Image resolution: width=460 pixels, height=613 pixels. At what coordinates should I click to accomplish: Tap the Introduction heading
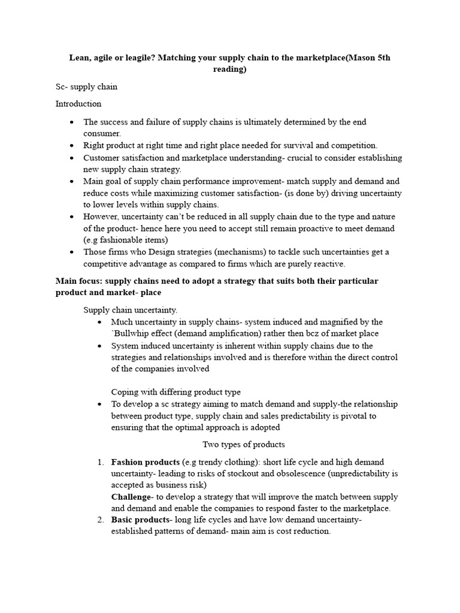78,104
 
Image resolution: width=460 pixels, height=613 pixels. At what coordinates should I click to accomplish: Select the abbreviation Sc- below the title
62,87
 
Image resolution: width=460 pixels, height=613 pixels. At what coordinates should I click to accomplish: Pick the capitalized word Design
159,252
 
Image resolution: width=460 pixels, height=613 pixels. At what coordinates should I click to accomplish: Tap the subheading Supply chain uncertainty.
130,310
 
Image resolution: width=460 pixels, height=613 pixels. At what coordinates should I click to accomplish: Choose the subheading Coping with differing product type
175,392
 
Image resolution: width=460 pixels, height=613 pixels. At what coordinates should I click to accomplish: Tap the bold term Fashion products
145,462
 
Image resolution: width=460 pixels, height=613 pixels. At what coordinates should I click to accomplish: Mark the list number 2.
100,520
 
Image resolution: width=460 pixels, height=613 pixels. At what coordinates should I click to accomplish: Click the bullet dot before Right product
72,146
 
